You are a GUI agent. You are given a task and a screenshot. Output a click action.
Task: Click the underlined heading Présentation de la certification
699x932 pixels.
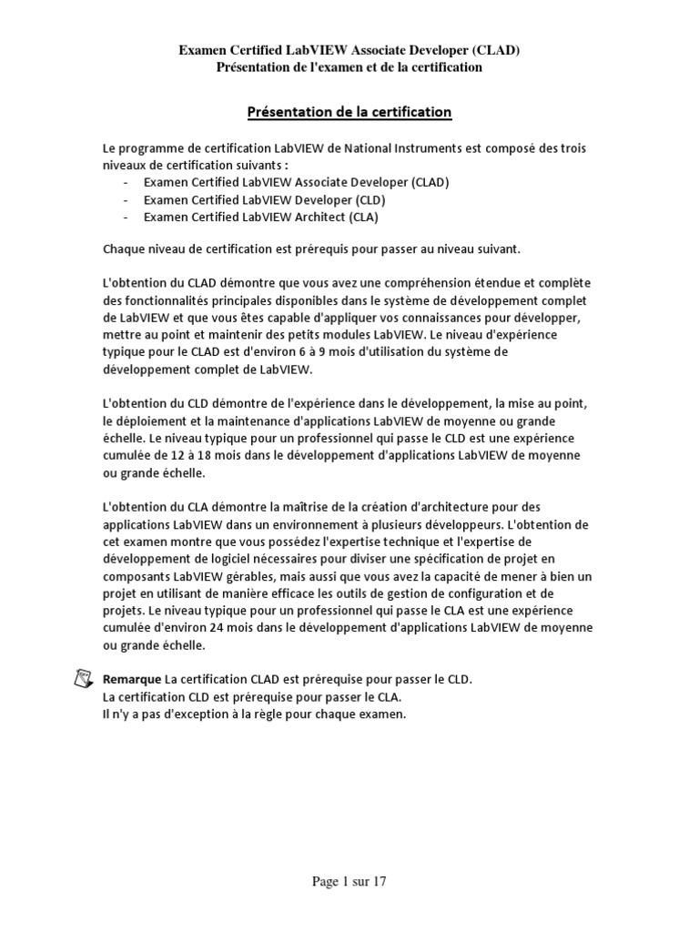(x=349, y=112)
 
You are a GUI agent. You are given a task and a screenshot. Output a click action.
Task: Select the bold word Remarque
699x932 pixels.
(x=131, y=681)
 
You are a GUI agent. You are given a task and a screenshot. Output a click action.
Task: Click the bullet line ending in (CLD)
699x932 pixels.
(x=265, y=199)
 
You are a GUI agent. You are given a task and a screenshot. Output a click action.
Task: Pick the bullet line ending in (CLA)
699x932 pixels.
(x=260, y=217)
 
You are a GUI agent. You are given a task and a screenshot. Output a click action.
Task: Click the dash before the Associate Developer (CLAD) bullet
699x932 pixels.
(x=125, y=182)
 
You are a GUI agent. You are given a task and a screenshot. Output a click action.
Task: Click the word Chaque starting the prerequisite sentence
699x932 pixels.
(x=125, y=248)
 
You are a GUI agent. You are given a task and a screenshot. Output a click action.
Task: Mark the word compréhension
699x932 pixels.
(x=422, y=283)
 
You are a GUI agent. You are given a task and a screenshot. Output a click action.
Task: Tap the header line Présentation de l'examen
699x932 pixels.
(x=349, y=67)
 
